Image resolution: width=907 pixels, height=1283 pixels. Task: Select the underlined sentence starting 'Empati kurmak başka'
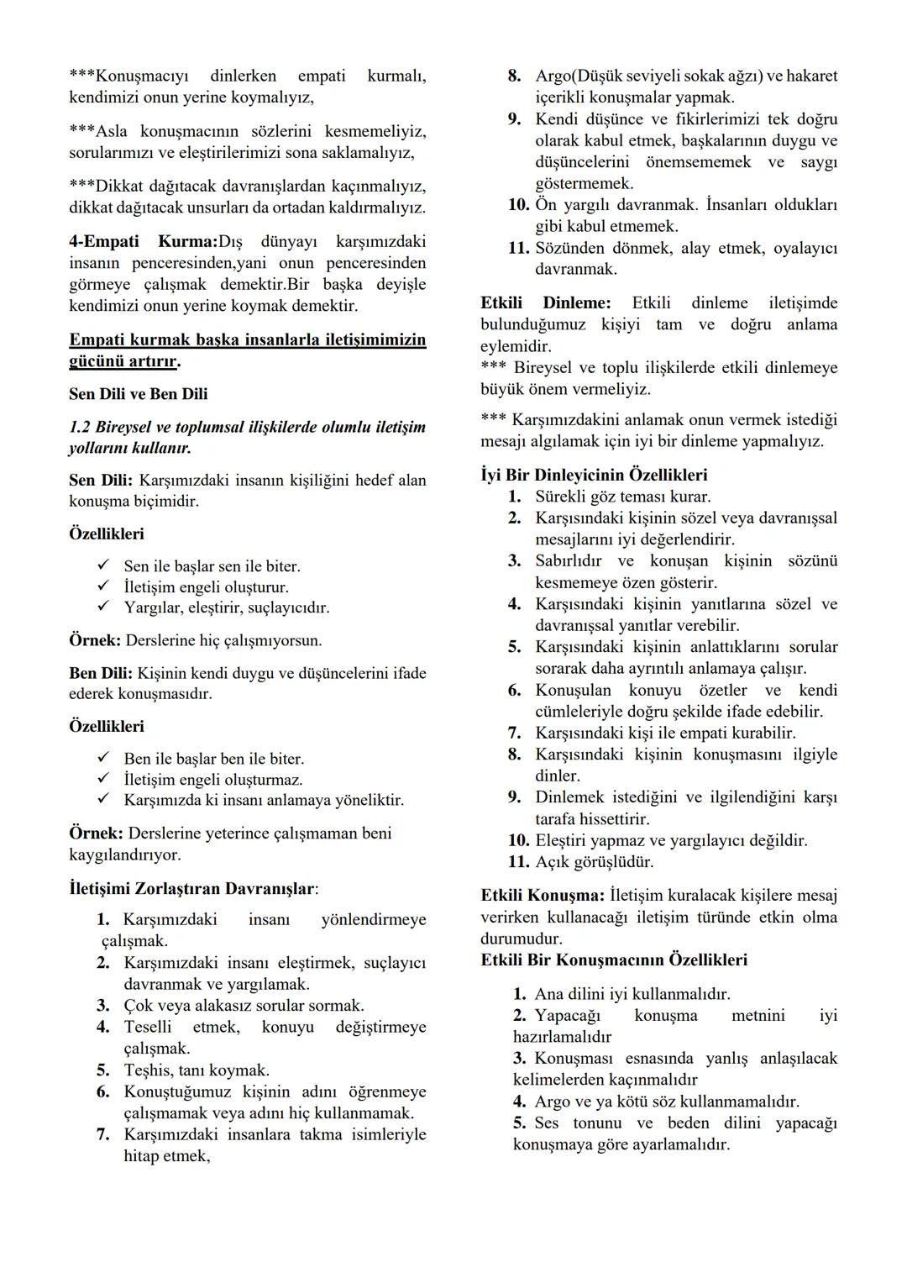pos(247,350)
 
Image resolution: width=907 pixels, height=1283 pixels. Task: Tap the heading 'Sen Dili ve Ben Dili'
pos(138,394)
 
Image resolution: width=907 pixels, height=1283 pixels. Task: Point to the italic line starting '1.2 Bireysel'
pos(247,437)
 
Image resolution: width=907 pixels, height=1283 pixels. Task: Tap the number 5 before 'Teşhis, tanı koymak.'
pos(102,1070)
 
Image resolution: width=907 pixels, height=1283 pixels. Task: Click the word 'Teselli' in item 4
pos(148,1027)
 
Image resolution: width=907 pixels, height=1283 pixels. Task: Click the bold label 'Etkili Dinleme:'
pos(545,302)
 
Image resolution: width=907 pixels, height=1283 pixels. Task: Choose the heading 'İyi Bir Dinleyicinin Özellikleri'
pos(594,475)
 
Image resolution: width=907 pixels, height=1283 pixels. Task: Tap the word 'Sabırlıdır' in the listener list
pos(568,560)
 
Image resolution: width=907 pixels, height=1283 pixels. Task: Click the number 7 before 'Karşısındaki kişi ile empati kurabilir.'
pos(514,733)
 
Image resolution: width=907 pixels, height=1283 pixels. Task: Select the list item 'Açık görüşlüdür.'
pos(594,861)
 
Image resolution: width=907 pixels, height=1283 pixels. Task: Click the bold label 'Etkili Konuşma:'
pos(543,895)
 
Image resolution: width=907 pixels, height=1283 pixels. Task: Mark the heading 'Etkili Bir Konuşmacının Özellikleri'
pos(614,960)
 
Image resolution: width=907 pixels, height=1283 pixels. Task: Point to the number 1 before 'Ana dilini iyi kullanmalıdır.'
pos(519,994)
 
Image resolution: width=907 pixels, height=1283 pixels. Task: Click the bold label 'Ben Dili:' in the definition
pos(100,673)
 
